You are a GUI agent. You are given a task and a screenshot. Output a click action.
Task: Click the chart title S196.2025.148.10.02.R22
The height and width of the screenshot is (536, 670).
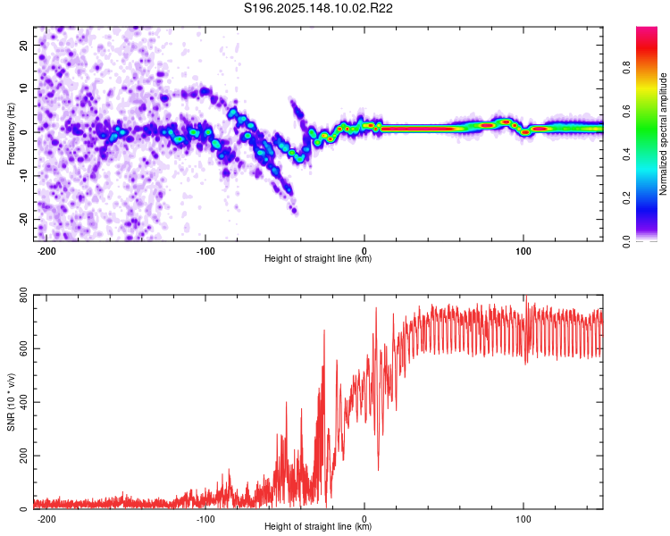pyautogui.click(x=318, y=8)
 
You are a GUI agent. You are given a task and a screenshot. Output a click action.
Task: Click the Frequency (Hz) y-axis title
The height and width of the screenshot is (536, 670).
pyautogui.click(x=11, y=134)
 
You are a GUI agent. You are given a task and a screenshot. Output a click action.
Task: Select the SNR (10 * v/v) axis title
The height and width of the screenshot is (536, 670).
pyautogui.click(x=11, y=402)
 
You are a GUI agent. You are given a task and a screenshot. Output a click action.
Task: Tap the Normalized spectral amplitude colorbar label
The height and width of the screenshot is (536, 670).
pyautogui.click(x=663, y=134)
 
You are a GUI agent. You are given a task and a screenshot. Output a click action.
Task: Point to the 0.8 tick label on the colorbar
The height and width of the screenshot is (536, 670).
pyautogui.click(x=626, y=68)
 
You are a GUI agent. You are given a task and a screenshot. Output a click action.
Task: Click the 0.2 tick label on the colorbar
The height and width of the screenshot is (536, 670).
pyautogui.click(x=626, y=198)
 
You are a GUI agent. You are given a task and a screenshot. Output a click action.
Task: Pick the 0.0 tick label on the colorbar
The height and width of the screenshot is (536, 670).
pyautogui.click(x=626, y=241)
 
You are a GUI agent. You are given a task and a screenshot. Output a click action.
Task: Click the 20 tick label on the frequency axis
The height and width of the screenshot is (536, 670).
pyautogui.click(x=23, y=45)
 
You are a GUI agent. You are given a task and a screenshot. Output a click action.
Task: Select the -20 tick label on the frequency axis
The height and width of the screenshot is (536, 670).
pyautogui.click(x=23, y=220)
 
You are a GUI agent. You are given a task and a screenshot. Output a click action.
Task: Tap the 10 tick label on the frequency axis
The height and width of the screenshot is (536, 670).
pyautogui.click(x=23, y=88)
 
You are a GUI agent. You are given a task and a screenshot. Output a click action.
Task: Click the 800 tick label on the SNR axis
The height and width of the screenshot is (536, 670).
pyautogui.click(x=23, y=296)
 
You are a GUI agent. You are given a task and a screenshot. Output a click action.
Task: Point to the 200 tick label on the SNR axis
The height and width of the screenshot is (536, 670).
pyautogui.click(x=23, y=456)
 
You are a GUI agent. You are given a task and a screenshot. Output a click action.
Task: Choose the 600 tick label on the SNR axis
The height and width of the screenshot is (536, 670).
pyautogui.click(x=23, y=348)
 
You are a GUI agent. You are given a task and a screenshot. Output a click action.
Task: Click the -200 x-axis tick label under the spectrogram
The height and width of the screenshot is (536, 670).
pyautogui.click(x=46, y=251)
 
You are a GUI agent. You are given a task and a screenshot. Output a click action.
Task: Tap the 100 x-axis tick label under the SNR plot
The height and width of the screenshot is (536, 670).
pyautogui.click(x=523, y=519)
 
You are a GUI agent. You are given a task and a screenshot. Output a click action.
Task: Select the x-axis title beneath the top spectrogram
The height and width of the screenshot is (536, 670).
pyautogui.click(x=318, y=258)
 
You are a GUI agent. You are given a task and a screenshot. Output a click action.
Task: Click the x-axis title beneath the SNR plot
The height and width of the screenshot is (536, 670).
pyautogui.click(x=318, y=526)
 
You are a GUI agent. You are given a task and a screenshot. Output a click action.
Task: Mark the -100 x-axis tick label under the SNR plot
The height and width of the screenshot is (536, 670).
pyautogui.click(x=205, y=519)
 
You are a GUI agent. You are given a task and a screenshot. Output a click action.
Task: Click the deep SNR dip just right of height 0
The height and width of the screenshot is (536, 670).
pyautogui.click(x=378, y=468)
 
